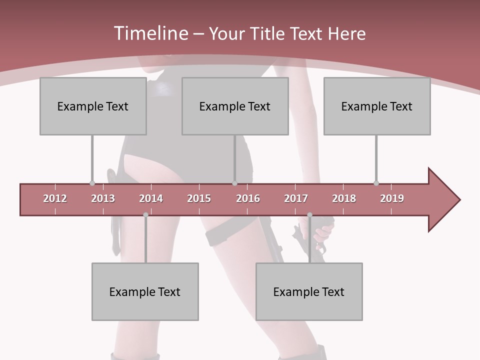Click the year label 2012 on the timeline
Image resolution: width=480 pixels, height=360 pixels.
coord(55,198)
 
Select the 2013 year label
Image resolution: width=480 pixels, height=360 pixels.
coord(103,198)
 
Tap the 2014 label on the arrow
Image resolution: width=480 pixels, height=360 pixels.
coord(151,198)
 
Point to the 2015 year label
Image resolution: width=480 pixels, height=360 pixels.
coord(199,198)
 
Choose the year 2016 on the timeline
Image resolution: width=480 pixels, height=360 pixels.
coord(248,198)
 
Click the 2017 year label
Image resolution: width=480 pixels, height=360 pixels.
coord(296,198)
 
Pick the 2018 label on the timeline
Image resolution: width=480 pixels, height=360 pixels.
coord(344,198)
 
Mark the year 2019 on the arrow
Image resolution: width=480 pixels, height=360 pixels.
coord(392,198)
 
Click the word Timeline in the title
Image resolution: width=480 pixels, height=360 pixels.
coord(150,33)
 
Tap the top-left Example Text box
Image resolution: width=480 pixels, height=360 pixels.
coord(93,106)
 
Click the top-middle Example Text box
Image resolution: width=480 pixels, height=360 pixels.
coord(235,106)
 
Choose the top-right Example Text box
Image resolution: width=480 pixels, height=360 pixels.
coord(377,106)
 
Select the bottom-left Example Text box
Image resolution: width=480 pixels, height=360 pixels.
coord(145,291)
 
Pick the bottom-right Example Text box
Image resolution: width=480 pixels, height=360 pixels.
coord(309,291)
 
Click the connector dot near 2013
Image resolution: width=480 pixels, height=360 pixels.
coord(92,183)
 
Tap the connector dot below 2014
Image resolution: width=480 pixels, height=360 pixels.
coord(145,215)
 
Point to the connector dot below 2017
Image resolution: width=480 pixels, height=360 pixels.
coord(309,215)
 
